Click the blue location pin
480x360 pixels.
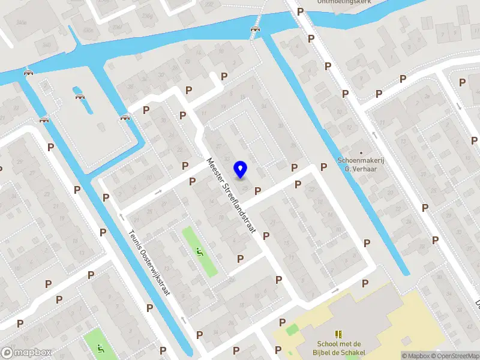[x=241, y=170]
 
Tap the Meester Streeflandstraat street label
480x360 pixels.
[x=232, y=195]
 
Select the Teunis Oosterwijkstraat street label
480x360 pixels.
[x=150, y=263]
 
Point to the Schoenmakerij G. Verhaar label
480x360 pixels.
[x=360, y=164]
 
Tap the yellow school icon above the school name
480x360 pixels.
[x=338, y=333]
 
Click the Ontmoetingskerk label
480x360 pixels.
[x=344, y=2]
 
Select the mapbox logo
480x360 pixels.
[x=26, y=353]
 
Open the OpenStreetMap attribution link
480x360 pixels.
[x=454, y=356]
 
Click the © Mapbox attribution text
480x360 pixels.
[x=415, y=356]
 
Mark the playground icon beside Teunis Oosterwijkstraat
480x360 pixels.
[x=200, y=251]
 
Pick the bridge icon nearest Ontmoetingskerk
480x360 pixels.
[x=256, y=29]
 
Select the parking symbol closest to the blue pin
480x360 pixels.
[x=258, y=191]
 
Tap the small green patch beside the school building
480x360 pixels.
[x=292, y=329]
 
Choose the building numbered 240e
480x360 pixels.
[x=22, y=23]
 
